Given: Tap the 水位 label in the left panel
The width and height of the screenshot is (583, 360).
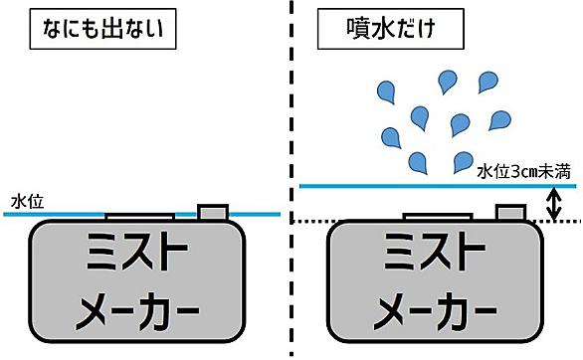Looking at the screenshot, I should pyautogui.click(x=25, y=202).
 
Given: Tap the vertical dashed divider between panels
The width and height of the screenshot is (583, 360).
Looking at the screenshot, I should pyautogui.click(x=291, y=119).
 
